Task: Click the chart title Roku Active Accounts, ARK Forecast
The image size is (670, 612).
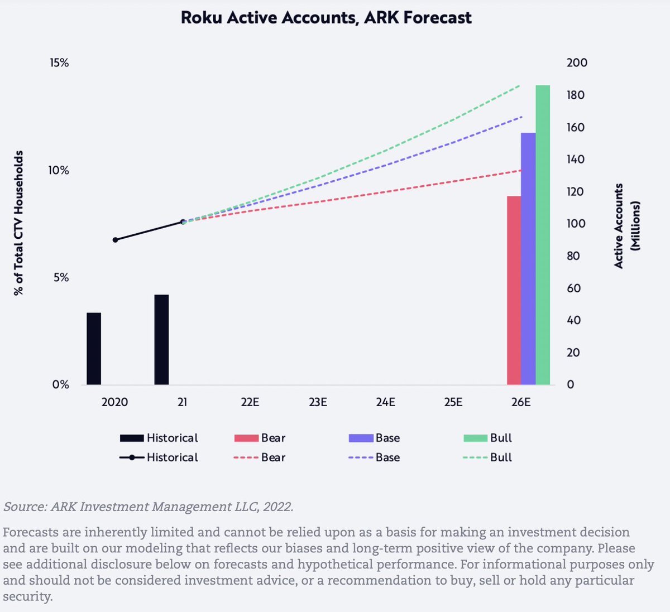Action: coord(326,17)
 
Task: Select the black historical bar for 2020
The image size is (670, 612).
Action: coord(94,349)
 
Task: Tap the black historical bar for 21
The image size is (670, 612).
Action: coord(161,339)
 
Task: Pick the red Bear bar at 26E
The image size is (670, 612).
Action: coord(514,290)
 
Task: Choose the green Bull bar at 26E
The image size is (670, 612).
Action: coord(543,234)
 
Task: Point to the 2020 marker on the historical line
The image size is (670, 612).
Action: coord(116,240)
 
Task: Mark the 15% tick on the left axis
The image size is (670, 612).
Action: coord(59,63)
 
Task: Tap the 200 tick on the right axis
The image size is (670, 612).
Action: coord(577,62)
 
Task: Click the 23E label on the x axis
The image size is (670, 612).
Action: coord(318,402)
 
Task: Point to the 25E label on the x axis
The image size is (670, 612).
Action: coord(453,402)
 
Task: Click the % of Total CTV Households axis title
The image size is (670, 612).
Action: coord(19,223)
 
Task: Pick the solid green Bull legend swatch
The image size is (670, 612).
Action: coord(475,438)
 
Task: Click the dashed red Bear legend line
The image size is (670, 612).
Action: coord(246,458)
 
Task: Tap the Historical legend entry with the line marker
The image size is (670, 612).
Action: coord(159,457)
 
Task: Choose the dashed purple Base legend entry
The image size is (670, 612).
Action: coord(374,457)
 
